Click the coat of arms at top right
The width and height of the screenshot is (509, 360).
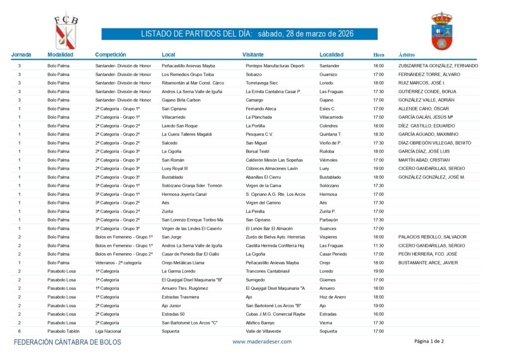(x=441, y=31)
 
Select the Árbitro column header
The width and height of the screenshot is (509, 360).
(x=407, y=55)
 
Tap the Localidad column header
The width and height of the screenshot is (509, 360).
(x=332, y=55)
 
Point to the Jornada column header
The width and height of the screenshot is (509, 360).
(x=21, y=55)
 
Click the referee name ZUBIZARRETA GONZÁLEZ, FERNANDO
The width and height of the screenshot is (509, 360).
(x=438, y=66)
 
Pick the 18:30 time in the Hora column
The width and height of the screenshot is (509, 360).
(x=378, y=134)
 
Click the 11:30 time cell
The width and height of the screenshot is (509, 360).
(x=378, y=246)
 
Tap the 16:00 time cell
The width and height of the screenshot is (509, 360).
(x=378, y=314)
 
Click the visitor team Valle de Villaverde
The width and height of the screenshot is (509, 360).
(x=264, y=331)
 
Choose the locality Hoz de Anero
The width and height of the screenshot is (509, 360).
(x=333, y=297)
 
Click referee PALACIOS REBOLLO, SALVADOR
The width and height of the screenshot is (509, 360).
(x=432, y=237)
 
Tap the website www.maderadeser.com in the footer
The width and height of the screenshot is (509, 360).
(x=262, y=342)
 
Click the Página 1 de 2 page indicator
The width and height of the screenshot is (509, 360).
(x=429, y=341)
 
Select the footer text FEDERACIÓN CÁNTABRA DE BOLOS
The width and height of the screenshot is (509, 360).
(x=67, y=342)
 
